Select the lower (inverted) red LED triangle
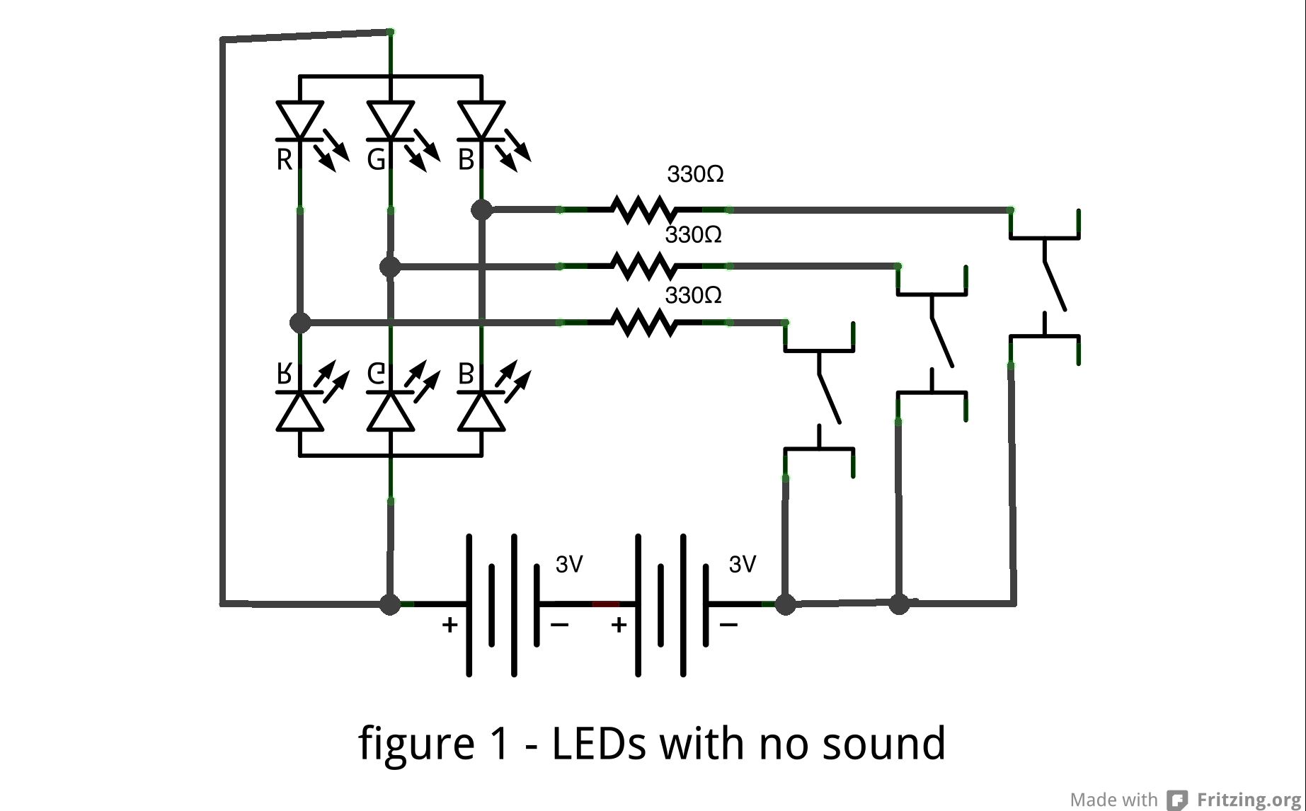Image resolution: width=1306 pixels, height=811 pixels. coord(300,413)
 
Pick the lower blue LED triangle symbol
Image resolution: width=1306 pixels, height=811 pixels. coord(481,413)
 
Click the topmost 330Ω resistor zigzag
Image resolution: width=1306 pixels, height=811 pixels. coord(644,209)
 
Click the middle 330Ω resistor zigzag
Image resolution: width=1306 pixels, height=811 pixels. coord(644,266)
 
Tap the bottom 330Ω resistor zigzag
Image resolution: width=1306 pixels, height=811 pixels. coord(644,323)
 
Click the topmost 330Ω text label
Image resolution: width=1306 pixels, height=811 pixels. coord(695,174)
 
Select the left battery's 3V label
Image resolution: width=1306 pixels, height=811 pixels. coord(569,564)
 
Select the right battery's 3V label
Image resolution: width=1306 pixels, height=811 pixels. coord(743,564)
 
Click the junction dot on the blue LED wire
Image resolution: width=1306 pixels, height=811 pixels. coord(481,209)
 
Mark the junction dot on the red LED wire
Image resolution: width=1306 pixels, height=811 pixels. coord(300,323)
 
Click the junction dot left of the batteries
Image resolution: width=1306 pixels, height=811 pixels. coord(390,604)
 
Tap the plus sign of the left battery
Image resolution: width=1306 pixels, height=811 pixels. coord(449,625)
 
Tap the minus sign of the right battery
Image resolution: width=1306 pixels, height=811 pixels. coord(729,625)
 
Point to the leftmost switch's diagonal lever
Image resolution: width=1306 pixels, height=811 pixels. coord(830,398)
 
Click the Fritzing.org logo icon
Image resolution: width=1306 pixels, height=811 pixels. coord(1177,800)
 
